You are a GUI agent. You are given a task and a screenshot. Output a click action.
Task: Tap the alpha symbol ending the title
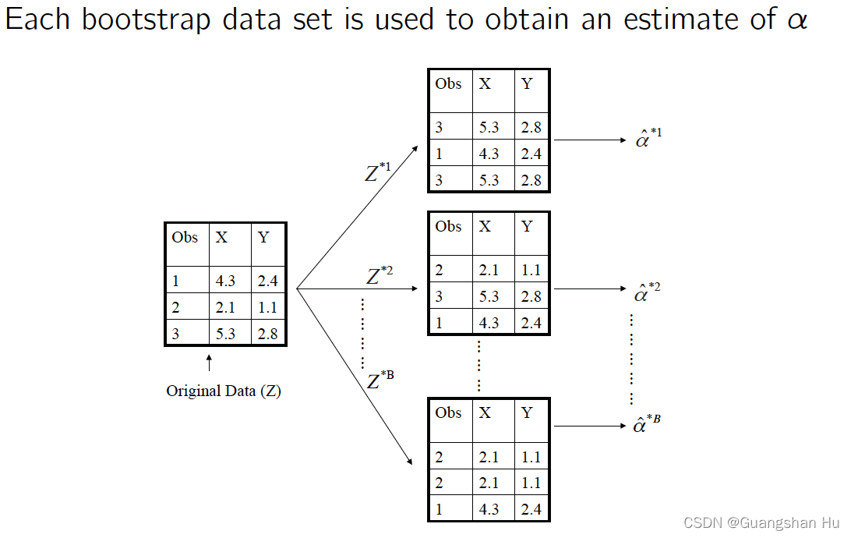click(796, 22)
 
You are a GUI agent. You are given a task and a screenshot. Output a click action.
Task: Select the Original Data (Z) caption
click(224, 391)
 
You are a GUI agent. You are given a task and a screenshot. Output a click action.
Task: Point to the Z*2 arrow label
click(380, 275)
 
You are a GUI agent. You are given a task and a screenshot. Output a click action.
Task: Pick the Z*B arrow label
click(380, 380)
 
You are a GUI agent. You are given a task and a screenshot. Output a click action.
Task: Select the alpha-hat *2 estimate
click(648, 292)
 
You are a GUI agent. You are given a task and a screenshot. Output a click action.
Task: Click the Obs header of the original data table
click(185, 238)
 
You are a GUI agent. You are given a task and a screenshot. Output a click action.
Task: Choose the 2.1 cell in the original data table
click(225, 307)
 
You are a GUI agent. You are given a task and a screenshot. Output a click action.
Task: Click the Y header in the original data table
click(263, 238)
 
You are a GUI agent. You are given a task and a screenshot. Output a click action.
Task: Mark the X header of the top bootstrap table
click(486, 84)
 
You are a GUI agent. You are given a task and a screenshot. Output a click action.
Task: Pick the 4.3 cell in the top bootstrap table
click(489, 154)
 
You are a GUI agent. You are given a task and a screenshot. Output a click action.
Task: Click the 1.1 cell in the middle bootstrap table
click(531, 270)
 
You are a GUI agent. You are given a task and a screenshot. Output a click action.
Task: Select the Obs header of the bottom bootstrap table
click(448, 413)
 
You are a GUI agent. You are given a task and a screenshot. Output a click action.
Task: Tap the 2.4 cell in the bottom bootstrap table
click(531, 510)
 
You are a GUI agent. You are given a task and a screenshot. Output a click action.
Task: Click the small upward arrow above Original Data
click(209, 363)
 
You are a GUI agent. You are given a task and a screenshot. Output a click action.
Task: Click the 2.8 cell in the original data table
click(267, 334)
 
